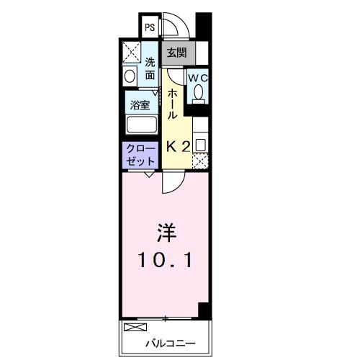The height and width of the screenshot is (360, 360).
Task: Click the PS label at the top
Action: [150, 28]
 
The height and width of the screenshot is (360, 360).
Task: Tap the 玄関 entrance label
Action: [176, 53]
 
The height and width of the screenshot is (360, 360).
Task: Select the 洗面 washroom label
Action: [150, 68]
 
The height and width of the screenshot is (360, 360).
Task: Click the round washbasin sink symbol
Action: [130, 76]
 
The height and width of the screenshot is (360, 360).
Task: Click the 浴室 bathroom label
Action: [140, 104]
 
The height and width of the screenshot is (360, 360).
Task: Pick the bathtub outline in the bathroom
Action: [141, 124]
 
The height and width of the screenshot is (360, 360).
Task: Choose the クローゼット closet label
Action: [140, 155]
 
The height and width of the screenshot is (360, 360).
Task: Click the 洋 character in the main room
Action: [166, 233]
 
